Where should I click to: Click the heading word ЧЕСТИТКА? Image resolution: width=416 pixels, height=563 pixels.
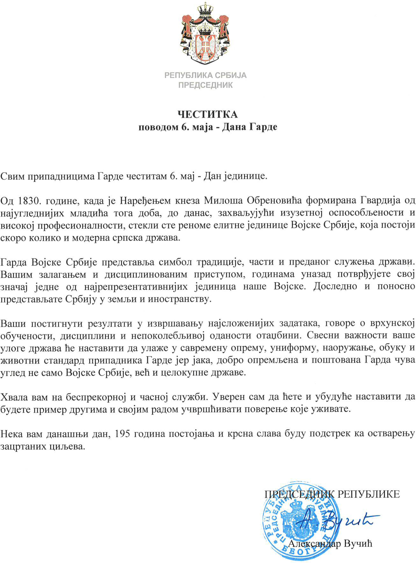click(208, 115)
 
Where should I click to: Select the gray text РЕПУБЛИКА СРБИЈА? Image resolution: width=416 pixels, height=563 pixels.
click(205, 75)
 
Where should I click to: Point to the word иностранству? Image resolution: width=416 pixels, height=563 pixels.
click(179, 299)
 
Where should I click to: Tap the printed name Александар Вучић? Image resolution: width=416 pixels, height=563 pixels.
click(330, 544)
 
